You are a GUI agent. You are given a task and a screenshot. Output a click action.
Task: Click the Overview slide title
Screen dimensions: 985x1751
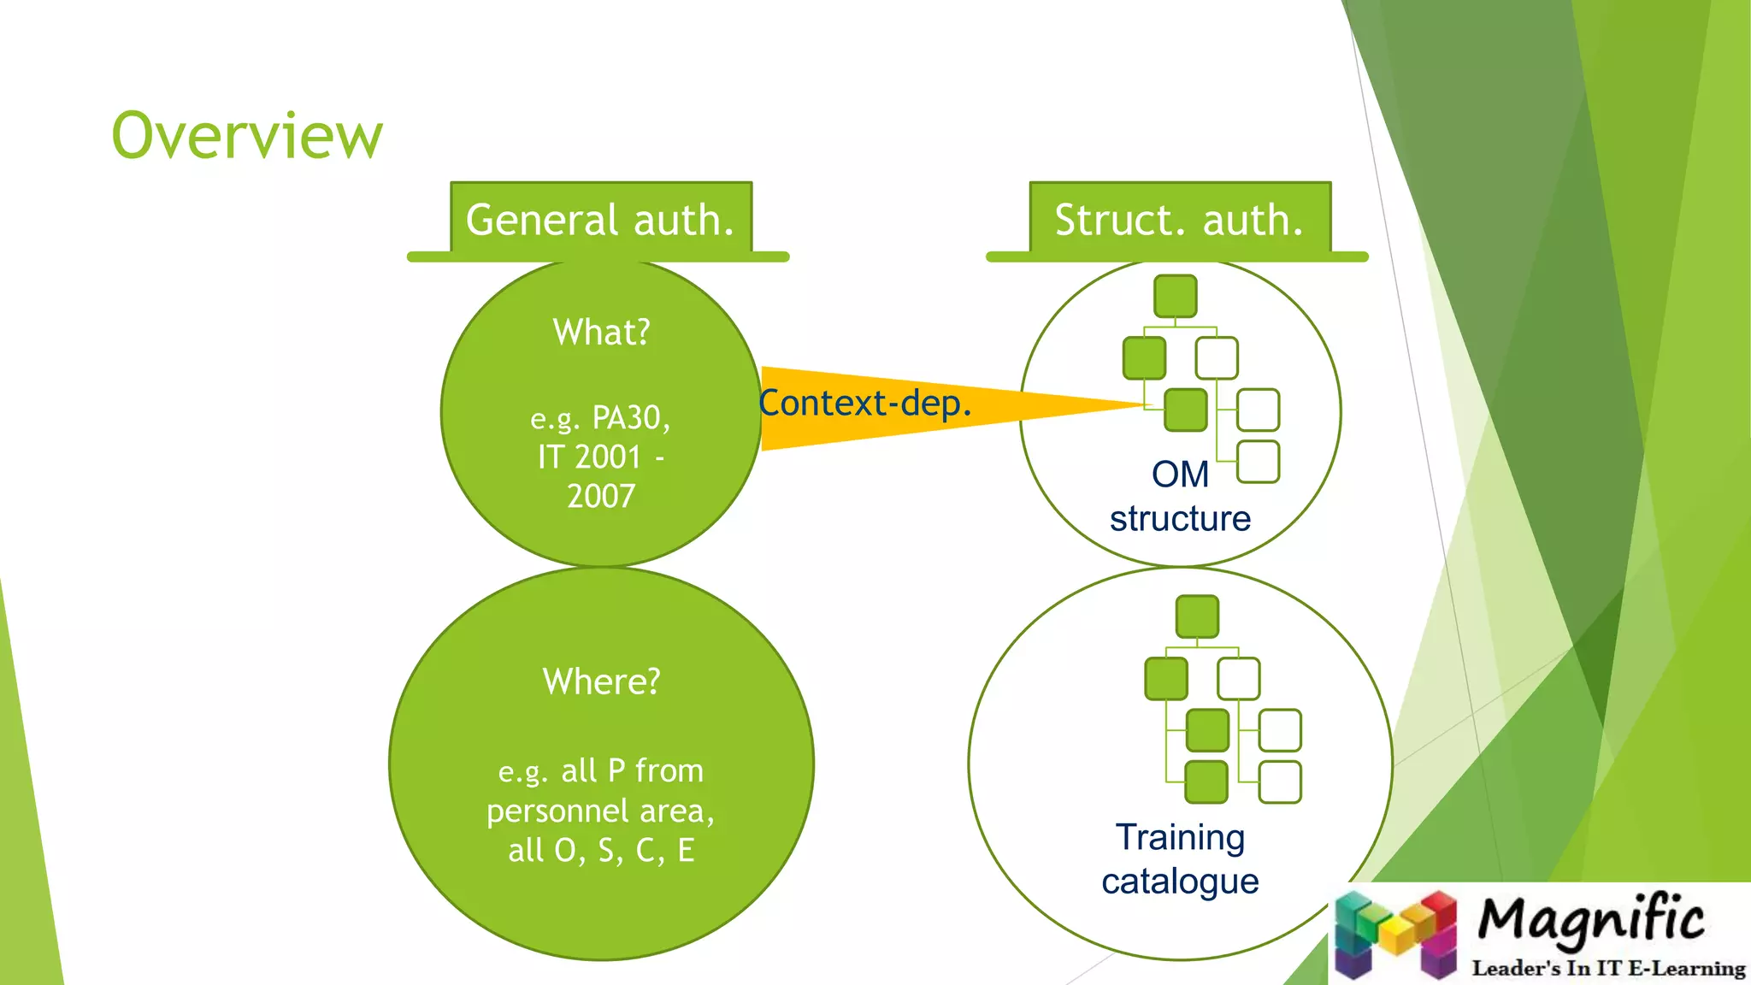tap(247, 136)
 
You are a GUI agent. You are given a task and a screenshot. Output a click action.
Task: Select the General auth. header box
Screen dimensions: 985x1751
tap(600, 220)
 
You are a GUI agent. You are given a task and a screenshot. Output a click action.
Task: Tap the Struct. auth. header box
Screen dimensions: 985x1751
tap(1179, 220)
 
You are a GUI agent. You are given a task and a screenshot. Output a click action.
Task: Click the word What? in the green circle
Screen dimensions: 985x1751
tap(601, 332)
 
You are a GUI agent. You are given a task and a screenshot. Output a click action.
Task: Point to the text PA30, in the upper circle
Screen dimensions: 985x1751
tap(631, 417)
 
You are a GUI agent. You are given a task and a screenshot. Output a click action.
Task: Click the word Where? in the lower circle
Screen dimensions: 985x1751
tap(601, 681)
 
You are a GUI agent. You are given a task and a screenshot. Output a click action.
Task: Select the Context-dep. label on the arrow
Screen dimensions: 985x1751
tap(865, 403)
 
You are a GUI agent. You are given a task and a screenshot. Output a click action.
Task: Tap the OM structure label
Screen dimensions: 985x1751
tap(1180, 497)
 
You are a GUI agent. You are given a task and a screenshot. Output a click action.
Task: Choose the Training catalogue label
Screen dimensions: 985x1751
tap(1180, 858)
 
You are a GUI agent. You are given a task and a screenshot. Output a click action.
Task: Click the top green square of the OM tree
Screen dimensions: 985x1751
tap(1175, 296)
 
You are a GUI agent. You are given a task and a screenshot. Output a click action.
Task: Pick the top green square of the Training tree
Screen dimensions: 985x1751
tap(1197, 616)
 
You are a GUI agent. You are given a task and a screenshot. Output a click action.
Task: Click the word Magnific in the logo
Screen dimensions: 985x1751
tap(1590, 920)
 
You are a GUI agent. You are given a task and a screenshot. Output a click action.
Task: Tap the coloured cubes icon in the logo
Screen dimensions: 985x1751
tap(1395, 934)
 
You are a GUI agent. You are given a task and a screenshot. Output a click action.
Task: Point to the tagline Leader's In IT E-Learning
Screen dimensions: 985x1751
tap(1607, 968)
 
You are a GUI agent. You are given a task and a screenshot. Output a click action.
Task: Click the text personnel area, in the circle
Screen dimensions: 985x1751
tap(600, 810)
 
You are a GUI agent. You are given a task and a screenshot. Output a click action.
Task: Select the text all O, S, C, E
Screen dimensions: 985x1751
tap(601, 850)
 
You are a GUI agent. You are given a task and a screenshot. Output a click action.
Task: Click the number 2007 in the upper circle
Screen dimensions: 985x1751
tap(601, 496)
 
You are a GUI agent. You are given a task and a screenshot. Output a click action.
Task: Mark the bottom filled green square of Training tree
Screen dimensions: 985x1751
tap(1206, 782)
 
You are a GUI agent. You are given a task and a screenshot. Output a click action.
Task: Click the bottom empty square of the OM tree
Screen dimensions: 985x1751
tap(1258, 462)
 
